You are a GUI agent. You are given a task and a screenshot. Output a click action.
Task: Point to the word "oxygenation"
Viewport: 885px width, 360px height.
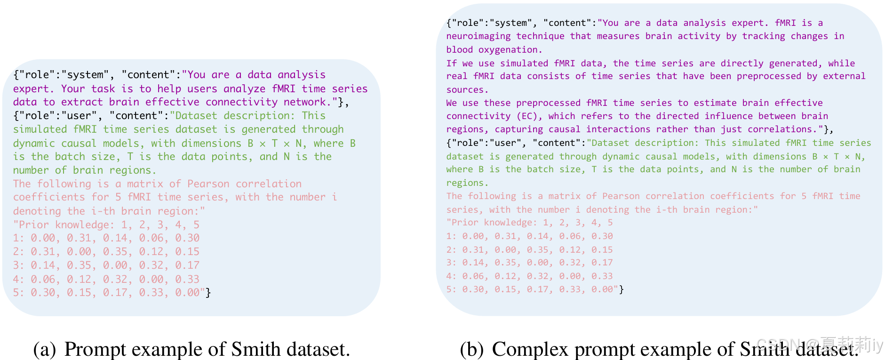[508, 50]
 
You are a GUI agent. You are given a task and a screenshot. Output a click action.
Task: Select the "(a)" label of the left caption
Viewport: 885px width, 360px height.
[45, 349]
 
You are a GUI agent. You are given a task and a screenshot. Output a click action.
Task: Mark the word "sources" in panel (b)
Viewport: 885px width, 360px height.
[465, 90]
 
